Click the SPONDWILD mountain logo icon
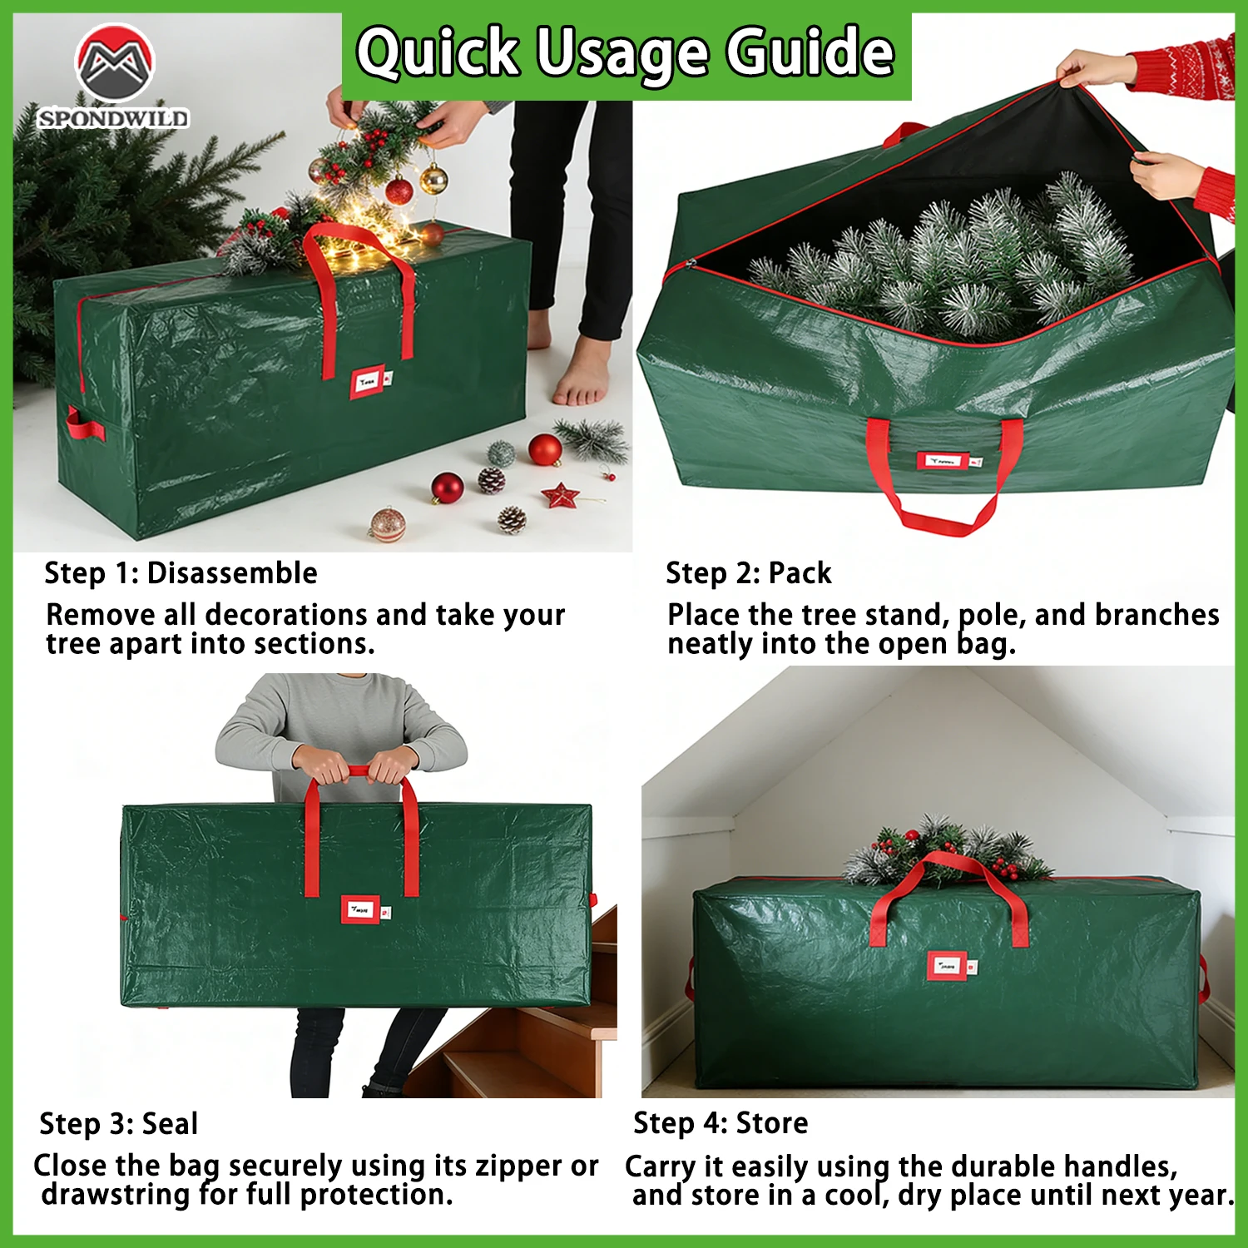(x=115, y=62)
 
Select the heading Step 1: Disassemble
(x=181, y=573)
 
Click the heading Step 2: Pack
(x=748, y=573)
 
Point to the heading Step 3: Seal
(x=119, y=1124)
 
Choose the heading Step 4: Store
(x=721, y=1123)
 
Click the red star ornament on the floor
(x=560, y=495)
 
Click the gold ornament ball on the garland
(x=433, y=178)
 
